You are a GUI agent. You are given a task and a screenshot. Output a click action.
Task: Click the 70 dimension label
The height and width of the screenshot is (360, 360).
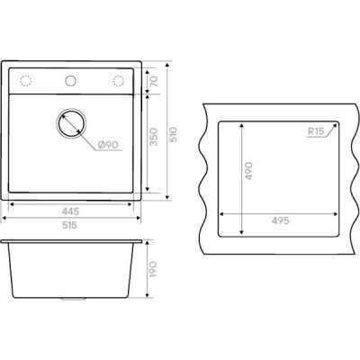point(154,81)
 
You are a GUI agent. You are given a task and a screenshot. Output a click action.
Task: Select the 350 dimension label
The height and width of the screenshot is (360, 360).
point(154,137)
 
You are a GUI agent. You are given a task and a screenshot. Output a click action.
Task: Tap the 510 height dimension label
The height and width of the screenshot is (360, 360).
point(174,135)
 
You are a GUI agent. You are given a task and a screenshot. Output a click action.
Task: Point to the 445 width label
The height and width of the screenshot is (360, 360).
point(70,211)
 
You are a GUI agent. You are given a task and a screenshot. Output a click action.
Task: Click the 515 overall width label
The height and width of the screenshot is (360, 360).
point(69,225)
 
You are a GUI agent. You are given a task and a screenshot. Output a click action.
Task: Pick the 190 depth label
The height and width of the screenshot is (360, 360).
point(153,269)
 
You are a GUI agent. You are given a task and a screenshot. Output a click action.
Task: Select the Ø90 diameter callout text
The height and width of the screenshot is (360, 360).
point(108,145)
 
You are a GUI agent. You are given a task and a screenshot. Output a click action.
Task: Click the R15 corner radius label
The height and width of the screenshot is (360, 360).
point(316,131)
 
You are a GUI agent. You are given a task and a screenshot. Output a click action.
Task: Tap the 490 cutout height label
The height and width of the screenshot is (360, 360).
point(248,171)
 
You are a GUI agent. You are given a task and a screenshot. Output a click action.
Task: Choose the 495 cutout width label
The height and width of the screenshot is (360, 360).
point(281,220)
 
